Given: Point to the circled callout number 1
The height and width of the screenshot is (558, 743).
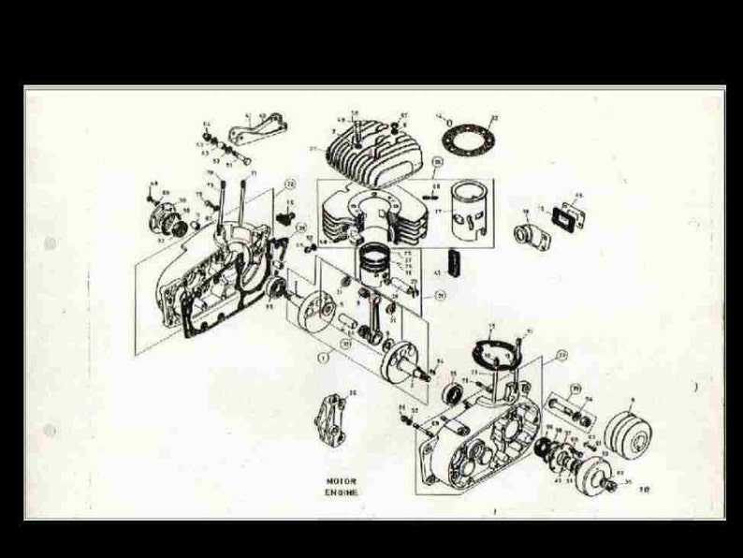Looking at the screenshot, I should click(x=324, y=357).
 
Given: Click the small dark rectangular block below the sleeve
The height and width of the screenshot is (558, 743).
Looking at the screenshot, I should click(x=457, y=261).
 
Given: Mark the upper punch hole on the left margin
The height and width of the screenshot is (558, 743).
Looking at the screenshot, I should click(x=49, y=244).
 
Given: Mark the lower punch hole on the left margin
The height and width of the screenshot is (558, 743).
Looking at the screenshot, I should click(x=49, y=431).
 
